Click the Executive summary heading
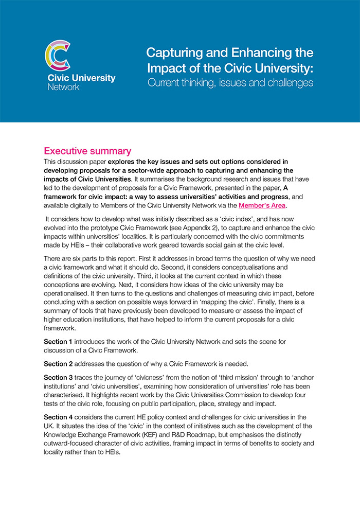87,151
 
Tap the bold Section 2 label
58,364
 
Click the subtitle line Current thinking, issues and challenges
230,82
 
